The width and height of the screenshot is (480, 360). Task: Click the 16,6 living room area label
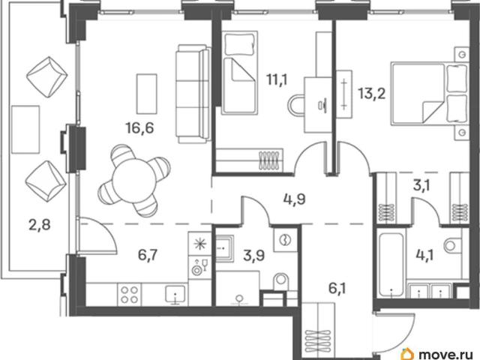point(139,127)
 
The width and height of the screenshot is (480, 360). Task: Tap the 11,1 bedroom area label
point(277,80)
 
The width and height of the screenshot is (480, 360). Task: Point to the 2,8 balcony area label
point(40,225)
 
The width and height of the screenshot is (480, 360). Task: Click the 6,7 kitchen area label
point(148,255)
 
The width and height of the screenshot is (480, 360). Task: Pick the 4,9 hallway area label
point(294,199)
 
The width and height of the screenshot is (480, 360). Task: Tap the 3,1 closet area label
point(421,185)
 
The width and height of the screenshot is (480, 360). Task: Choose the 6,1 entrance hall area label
point(337,288)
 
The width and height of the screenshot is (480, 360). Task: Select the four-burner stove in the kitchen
point(129,295)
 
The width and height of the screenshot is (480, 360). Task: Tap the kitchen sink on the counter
point(175,294)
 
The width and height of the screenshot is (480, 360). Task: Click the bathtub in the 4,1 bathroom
point(391,265)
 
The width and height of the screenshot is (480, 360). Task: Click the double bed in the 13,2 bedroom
point(430,94)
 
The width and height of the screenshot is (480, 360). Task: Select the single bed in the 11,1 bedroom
point(239,73)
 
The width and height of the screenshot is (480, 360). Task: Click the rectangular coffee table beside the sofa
point(147,94)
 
